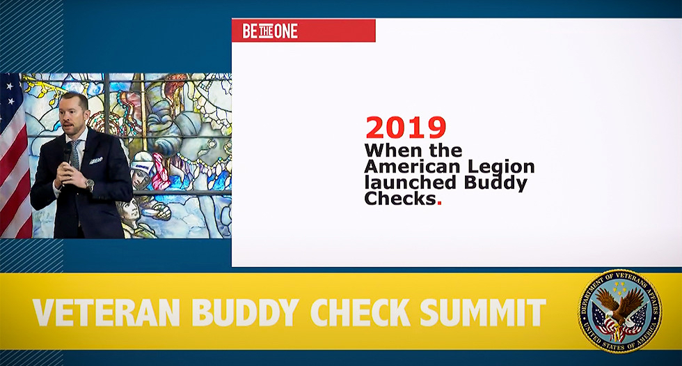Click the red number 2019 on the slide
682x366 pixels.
(405, 128)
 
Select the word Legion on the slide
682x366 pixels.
(501, 167)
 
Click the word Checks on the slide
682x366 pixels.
(400, 200)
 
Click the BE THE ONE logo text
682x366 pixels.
(270, 31)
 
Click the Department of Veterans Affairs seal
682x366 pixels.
(619, 311)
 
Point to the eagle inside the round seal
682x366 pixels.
(619, 307)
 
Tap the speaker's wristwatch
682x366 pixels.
(89, 185)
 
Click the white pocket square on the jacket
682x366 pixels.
(96, 160)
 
